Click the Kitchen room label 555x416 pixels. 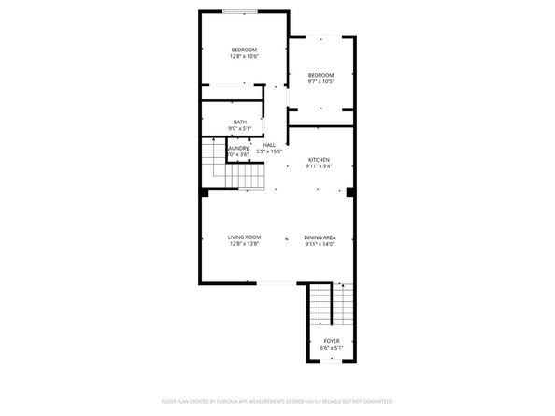[x=318, y=160]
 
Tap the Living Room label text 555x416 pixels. [x=244, y=237]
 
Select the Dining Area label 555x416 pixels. [x=320, y=237]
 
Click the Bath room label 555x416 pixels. [x=240, y=121]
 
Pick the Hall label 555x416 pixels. [x=269, y=145]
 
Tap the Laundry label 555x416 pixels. [x=239, y=147]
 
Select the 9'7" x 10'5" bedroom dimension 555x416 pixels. [x=320, y=81]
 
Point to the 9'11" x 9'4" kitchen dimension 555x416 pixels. [x=318, y=167]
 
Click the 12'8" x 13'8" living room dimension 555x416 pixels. [x=244, y=245]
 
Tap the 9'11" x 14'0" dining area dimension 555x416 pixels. [x=320, y=245]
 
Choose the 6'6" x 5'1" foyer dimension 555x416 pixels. [x=332, y=348]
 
